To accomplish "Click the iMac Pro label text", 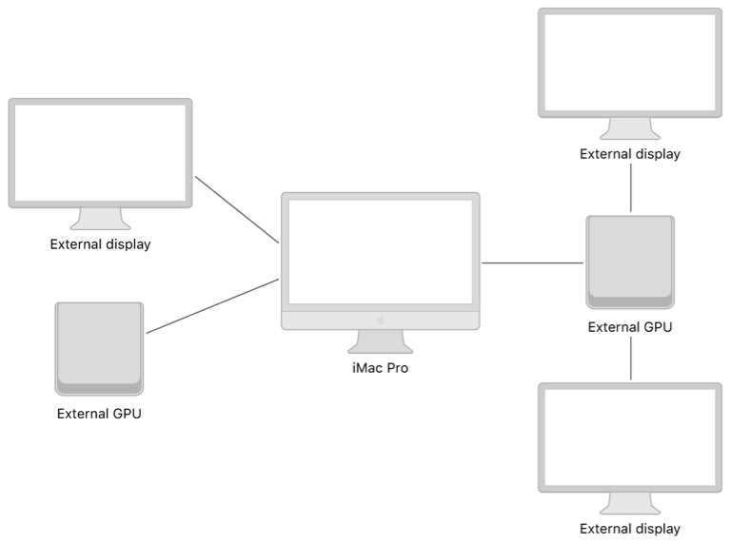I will (x=380, y=368).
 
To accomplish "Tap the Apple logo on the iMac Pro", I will (x=380, y=320).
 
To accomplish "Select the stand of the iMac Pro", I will (x=380, y=341).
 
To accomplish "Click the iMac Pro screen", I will (x=380, y=251).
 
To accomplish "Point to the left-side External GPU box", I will (x=99, y=347).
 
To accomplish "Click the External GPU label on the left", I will (x=99, y=414).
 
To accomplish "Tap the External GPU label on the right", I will (x=630, y=328).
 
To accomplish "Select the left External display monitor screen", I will (x=100, y=152).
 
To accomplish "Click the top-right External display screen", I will (x=630, y=62).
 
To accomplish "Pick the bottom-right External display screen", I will (x=630, y=437).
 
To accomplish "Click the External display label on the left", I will (x=100, y=244).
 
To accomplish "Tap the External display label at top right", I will (x=630, y=154).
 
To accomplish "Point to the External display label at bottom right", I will (x=630, y=529).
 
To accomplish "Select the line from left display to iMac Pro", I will (x=236, y=209).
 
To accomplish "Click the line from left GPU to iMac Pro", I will (x=212, y=306).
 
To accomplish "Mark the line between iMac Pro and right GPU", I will (x=532, y=262).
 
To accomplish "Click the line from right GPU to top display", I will (x=630, y=188).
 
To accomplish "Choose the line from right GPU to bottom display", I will (x=630, y=359).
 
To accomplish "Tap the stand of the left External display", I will (x=100, y=220).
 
